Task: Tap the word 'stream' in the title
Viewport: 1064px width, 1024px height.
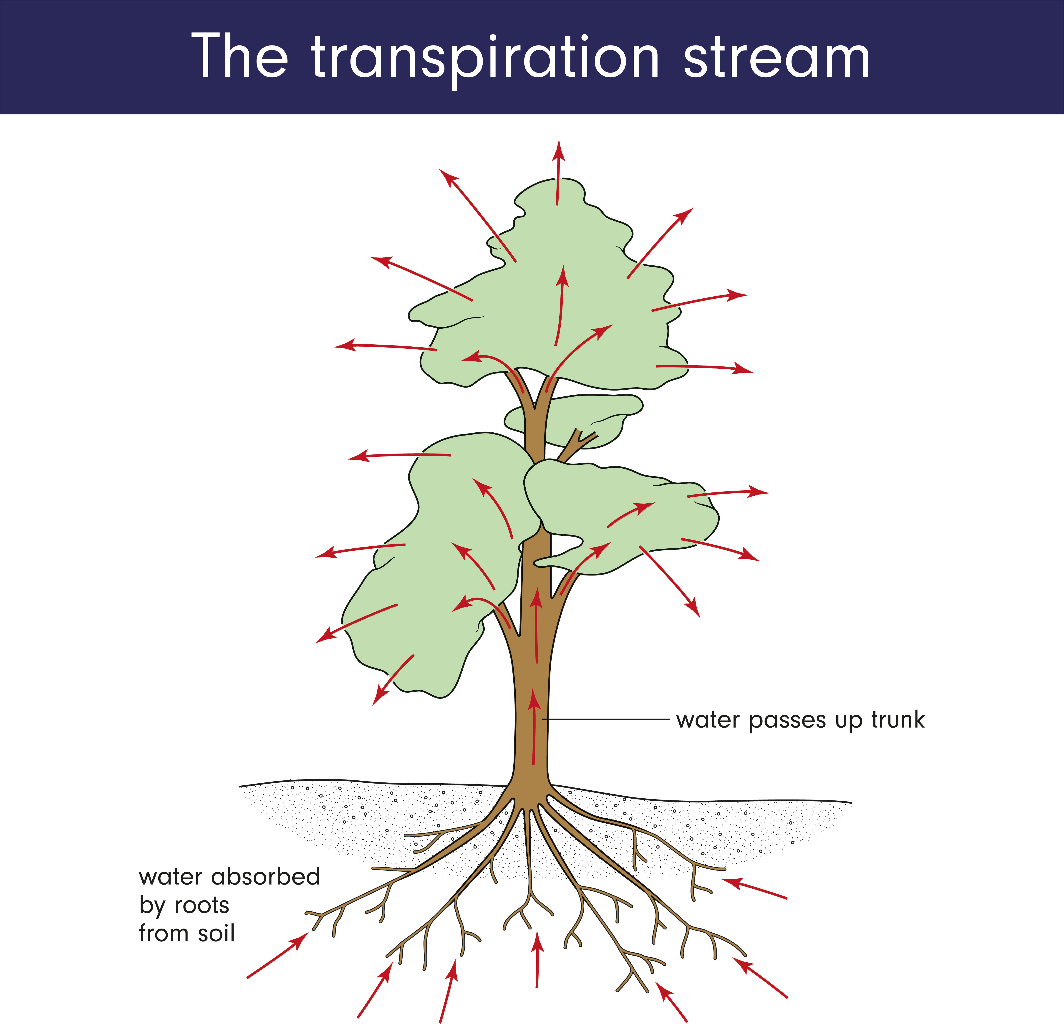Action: (776, 57)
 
